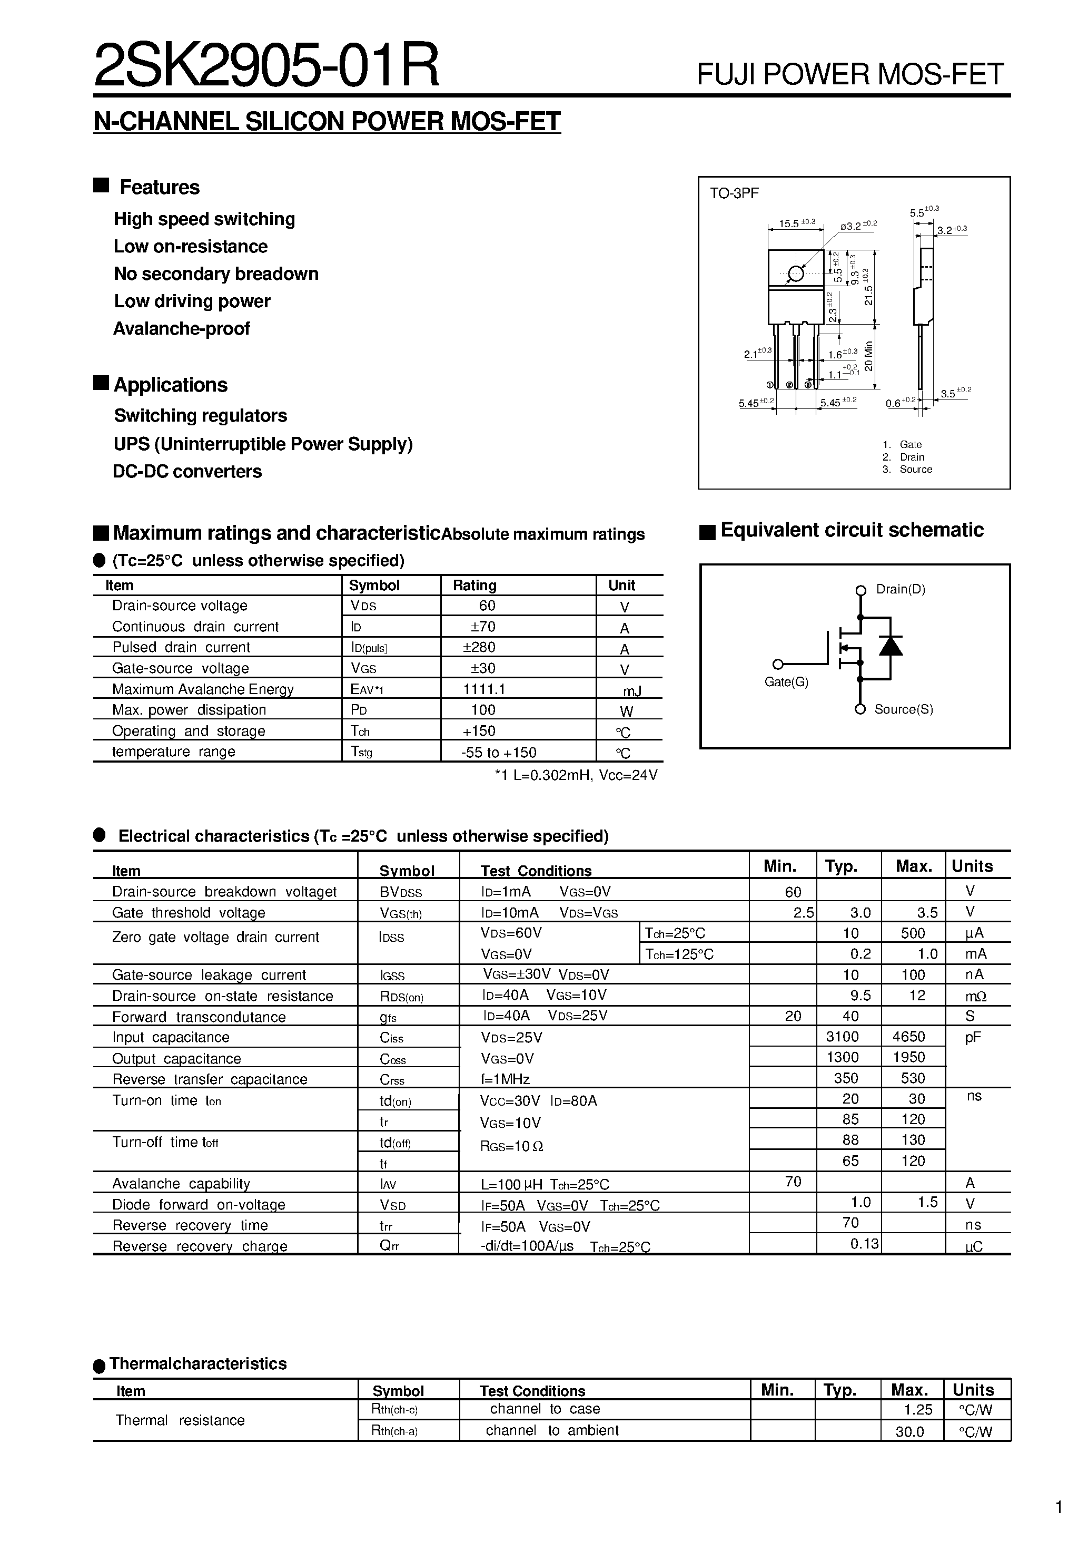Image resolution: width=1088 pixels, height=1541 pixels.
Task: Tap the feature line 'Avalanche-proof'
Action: pyautogui.click(x=181, y=329)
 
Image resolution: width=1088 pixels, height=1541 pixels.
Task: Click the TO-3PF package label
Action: pyautogui.click(x=735, y=194)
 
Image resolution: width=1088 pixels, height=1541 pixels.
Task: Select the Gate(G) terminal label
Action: pyautogui.click(x=786, y=682)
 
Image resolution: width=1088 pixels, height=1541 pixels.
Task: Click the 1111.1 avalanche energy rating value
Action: pyautogui.click(x=483, y=689)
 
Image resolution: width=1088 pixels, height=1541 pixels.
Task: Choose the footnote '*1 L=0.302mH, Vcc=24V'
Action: pyautogui.click(x=576, y=775)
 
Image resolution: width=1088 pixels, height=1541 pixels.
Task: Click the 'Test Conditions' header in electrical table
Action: pyautogui.click(x=536, y=871)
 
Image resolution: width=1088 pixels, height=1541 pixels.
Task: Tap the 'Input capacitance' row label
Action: pyautogui.click(x=171, y=1038)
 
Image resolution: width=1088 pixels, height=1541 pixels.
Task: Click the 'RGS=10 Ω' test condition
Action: pyautogui.click(x=512, y=1146)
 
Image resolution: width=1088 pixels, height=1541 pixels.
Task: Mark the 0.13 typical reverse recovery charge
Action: pyautogui.click(x=864, y=1244)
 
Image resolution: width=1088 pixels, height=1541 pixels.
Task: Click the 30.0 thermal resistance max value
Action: pyautogui.click(x=909, y=1431)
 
